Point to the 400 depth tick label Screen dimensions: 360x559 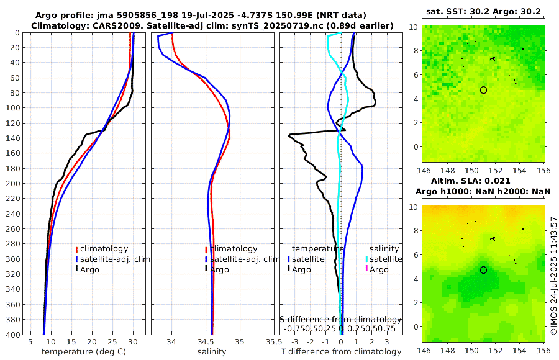12,335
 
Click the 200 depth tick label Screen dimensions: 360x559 12,184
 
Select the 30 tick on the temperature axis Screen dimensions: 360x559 133,341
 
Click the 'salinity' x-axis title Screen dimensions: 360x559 212,352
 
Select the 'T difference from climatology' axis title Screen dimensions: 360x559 341,352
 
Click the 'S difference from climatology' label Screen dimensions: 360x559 341,318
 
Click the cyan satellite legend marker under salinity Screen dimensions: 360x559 366,259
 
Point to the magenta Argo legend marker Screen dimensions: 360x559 366,269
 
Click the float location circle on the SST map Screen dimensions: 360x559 483,90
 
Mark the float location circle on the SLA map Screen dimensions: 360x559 483,270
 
